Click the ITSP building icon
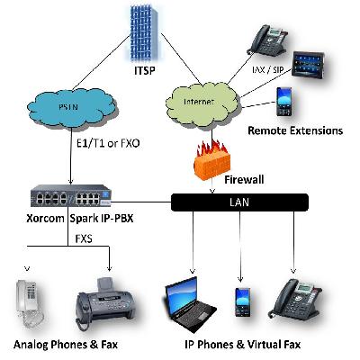click(x=144, y=33)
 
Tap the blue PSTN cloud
click(x=71, y=108)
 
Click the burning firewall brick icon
click(x=212, y=160)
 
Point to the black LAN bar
click(x=239, y=202)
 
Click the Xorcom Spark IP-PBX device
click(x=71, y=196)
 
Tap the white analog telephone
click(x=29, y=303)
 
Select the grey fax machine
click(x=105, y=304)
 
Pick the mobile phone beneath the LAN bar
click(x=243, y=301)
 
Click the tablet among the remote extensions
click(x=309, y=65)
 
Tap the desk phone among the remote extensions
click(x=268, y=40)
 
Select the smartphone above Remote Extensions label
click(x=283, y=102)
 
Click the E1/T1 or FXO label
click(x=108, y=143)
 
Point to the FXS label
click(x=84, y=238)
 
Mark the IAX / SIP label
click(x=267, y=70)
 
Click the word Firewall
click(x=244, y=180)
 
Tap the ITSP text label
click(x=145, y=71)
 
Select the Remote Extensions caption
click(x=295, y=130)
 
